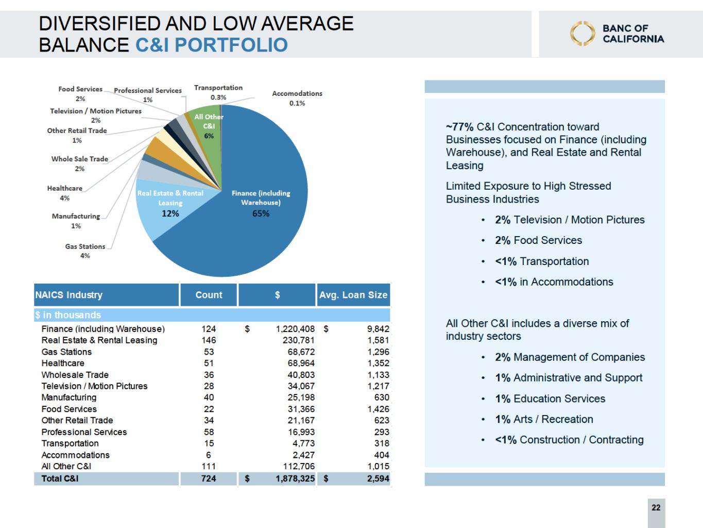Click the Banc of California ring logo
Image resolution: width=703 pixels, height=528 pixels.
point(582,34)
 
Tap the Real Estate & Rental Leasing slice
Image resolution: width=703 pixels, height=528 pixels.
point(165,206)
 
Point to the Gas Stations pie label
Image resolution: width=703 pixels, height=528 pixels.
point(85,251)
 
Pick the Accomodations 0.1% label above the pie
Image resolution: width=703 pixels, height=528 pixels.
point(297,98)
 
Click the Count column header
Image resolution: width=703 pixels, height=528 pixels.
point(209,295)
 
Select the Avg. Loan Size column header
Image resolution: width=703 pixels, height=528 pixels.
point(353,295)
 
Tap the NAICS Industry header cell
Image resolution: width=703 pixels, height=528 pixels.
point(69,295)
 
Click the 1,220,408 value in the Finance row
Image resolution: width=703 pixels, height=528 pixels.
point(295,329)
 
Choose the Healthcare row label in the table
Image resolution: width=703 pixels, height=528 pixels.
point(63,363)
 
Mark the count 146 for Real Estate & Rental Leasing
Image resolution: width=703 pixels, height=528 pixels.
point(209,340)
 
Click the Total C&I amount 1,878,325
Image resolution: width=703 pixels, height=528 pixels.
point(295,478)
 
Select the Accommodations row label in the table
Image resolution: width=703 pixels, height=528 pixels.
point(76,455)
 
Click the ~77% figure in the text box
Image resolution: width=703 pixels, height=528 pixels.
point(460,127)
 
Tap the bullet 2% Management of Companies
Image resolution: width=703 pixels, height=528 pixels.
point(570,357)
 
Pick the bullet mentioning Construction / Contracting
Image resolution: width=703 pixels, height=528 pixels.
point(569,440)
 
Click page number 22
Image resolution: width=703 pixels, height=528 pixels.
point(656,507)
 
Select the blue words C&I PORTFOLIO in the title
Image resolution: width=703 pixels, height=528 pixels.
point(211,45)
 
